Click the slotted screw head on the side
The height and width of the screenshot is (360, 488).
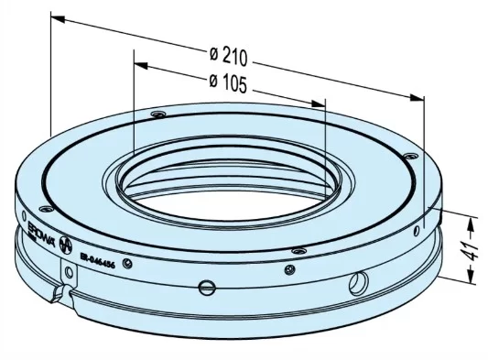[205, 287]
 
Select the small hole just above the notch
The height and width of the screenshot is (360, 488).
[70, 272]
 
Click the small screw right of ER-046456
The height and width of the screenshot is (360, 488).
[128, 265]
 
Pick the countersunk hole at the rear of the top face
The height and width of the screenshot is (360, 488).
[158, 115]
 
